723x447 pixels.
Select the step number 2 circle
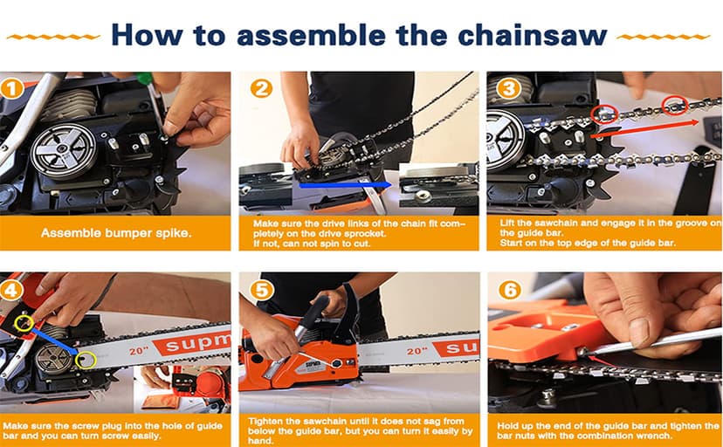click(x=261, y=88)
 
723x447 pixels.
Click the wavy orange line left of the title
click(x=53, y=38)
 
